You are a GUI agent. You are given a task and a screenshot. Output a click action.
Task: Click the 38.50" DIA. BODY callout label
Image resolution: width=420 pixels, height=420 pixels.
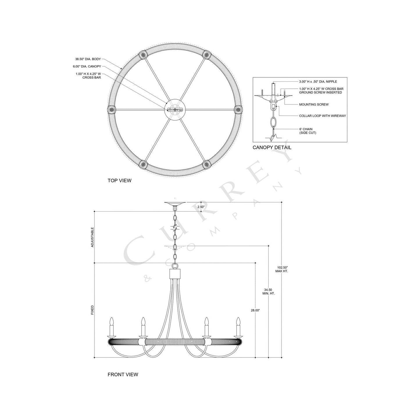tap(88, 59)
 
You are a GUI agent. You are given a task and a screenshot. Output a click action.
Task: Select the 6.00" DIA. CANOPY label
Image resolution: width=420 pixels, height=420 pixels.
tap(87, 67)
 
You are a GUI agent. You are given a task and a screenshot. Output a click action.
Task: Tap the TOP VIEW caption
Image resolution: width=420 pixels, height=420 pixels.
tap(119, 180)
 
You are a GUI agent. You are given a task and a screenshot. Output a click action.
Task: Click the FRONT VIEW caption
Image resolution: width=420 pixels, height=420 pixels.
tap(123, 375)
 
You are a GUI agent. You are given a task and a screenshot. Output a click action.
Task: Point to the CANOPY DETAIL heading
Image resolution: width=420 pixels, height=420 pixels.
tap(272, 147)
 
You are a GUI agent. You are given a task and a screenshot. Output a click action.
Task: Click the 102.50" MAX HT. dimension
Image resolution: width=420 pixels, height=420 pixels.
tap(282, 269)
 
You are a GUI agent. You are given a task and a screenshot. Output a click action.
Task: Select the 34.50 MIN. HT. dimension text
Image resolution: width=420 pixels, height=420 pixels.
tap(268, 292)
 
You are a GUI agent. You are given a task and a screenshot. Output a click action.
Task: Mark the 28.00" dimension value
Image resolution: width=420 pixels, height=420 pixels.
tap(255, 310)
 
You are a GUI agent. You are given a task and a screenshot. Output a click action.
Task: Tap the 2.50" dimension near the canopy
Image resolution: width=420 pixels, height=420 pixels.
tap(201, 207)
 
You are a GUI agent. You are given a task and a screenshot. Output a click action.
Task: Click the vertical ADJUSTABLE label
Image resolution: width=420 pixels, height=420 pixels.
tap(92, 237)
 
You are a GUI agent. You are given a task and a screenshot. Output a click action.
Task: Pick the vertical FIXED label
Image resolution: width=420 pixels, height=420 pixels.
tap(92, 310)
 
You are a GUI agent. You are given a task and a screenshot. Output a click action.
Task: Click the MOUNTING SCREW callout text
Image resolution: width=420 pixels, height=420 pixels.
tap(314, 104)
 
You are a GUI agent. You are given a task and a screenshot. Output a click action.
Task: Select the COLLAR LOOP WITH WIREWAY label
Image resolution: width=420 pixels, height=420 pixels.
tap(322, 116)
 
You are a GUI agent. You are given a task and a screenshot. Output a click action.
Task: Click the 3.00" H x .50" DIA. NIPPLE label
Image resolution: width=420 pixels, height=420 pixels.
tap(318, 82)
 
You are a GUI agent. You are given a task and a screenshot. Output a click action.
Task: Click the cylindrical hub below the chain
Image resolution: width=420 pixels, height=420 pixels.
tap(175, 274)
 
